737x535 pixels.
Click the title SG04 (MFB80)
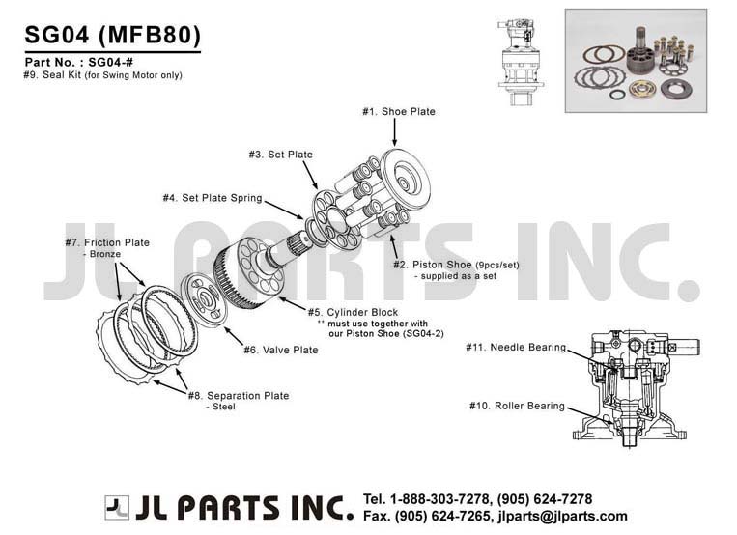112,35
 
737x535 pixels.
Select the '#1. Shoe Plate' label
398,112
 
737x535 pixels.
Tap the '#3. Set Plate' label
280,155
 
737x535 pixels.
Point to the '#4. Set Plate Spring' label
212,198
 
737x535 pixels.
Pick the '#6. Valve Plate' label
280,350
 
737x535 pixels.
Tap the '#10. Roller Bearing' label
516,406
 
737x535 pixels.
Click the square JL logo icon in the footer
117,507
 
